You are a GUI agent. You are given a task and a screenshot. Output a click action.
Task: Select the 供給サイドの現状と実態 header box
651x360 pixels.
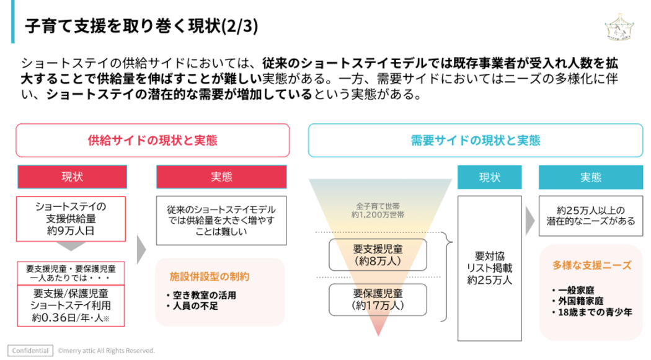pos(153,140)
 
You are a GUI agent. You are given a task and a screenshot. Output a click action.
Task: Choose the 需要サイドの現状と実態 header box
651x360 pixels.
pos(476,140)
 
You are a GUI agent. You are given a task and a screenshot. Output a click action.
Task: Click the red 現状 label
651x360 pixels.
pos(72,177)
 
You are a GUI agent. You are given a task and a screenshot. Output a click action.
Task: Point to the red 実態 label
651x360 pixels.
pos(221,177)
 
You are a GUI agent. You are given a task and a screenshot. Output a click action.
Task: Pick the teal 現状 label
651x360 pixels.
pos(489,177)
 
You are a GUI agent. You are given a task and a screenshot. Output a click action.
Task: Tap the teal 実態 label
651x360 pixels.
pos(590,177)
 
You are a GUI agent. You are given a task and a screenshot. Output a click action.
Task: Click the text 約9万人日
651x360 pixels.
pos(71,230)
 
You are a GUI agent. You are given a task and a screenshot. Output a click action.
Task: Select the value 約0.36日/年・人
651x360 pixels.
pos(69,318)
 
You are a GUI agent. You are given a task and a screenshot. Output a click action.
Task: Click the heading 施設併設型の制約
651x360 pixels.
pos(210,276)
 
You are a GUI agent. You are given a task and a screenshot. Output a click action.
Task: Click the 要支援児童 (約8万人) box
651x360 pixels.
pos(378,255)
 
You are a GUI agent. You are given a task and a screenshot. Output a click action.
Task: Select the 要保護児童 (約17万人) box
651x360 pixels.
pos(378,299)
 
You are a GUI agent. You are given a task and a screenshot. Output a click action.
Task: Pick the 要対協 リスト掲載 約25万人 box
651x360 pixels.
pos(489,268)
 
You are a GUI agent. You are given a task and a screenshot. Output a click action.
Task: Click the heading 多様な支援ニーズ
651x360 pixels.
pos(591,265)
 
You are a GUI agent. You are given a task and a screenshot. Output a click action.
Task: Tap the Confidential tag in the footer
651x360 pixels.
pos(30,351)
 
